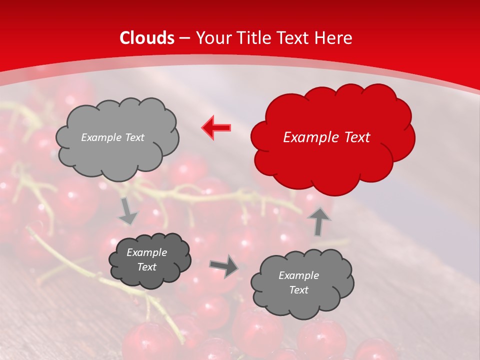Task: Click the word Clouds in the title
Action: tap(147, 38)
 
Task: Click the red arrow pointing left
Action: tap(216, 128)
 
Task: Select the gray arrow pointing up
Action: tap(319, 221)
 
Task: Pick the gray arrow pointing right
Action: tap(223, 266)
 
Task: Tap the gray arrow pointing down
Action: tap(128, 211)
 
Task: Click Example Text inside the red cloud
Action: tap(326, 137)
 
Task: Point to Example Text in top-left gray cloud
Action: tap(112, 137)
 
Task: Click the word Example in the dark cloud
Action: tap(146, 252)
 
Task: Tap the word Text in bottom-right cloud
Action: tap(298, 290)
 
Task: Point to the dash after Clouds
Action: tap(185, 38)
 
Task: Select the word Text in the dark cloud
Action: tap(146, 267)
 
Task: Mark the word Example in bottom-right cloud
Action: tap(298, 275)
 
